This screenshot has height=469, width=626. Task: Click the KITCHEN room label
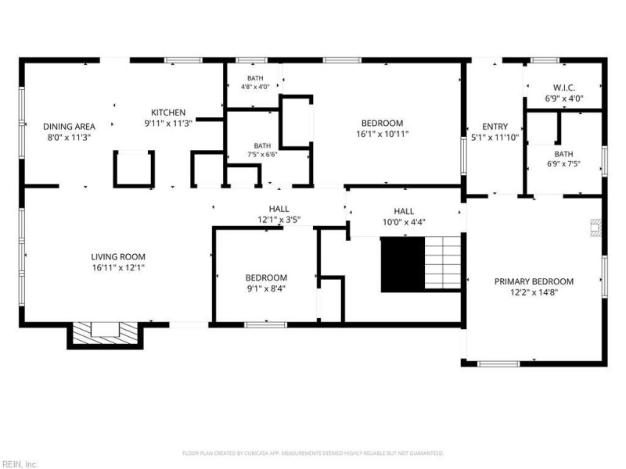pyautogui.click(x=168, y=113)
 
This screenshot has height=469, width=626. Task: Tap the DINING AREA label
pyautogui.click(x=69, y=127)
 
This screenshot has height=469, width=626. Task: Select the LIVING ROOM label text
pyautogui.click(x=118, y=257)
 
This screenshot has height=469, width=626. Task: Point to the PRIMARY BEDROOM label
pyautogui.click(x=534, y=281)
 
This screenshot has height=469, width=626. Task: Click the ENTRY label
pyautogui.click(x=495, y=127)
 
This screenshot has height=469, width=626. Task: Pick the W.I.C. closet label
pyautogui.click(x=564, y=88)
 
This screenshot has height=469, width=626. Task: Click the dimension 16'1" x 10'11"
pyautogui.click(x=382, y=134)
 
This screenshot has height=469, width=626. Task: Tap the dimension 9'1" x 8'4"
pyautogui.click(x=266, y=288)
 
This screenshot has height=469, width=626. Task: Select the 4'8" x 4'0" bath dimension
pyautogui.click(x=255, y=87)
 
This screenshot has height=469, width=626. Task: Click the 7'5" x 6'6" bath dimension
pyautogui.click(x=262, y=154)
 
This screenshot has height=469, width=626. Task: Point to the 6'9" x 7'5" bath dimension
pyautogui.click(x=563, y=164)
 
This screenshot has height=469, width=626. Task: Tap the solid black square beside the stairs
pyautogui.click(x=402, y=265)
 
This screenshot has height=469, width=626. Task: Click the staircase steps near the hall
pyautogui.click(x=443, y=263)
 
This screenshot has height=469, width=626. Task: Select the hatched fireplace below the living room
pyautogui.click(x=105, y=334)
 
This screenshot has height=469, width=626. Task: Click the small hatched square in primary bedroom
pyautogui.click(x=595, y=227)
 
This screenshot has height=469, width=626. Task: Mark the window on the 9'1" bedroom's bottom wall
pyautogui.click(x=265, y=325)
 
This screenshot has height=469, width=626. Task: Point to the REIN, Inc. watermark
pyautogui.click(x=19, y=464)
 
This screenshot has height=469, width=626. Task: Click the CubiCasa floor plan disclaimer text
pyautogui.click(x=312, y=453)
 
